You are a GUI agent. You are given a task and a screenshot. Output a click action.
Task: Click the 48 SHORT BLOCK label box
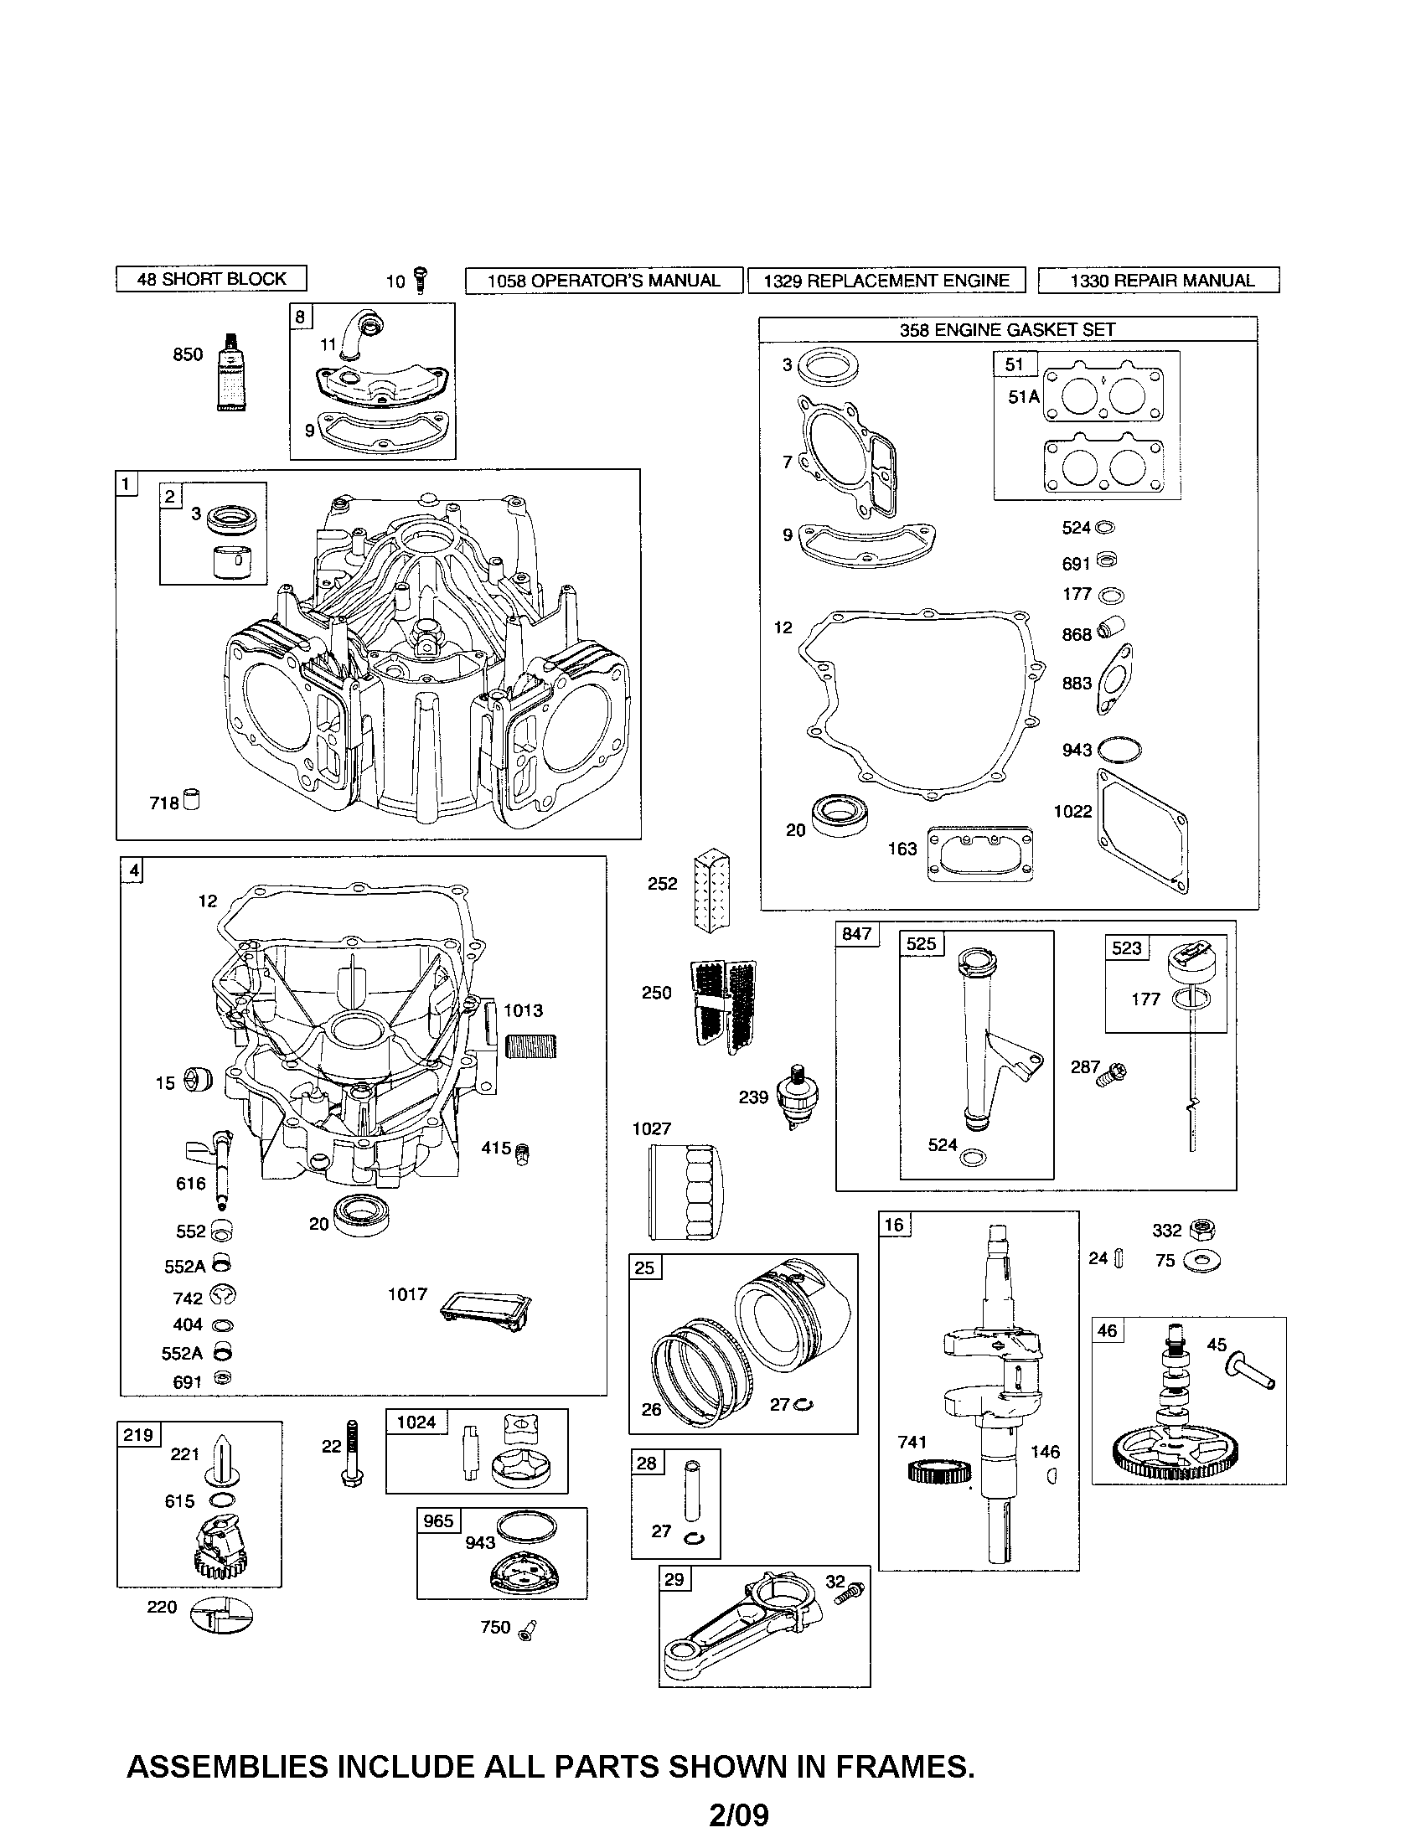point(211,278)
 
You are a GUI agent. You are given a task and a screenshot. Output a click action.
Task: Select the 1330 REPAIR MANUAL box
point(1158,280)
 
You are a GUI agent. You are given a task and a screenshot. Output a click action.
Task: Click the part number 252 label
point(663,884)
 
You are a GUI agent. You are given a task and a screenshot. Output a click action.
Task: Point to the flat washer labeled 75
point(1201,1262)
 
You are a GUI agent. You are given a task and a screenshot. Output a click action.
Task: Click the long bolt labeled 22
point(353,1453)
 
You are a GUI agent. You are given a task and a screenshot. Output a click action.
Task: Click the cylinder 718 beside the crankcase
point(192,800)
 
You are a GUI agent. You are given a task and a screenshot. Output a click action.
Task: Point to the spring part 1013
point(530,1047)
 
